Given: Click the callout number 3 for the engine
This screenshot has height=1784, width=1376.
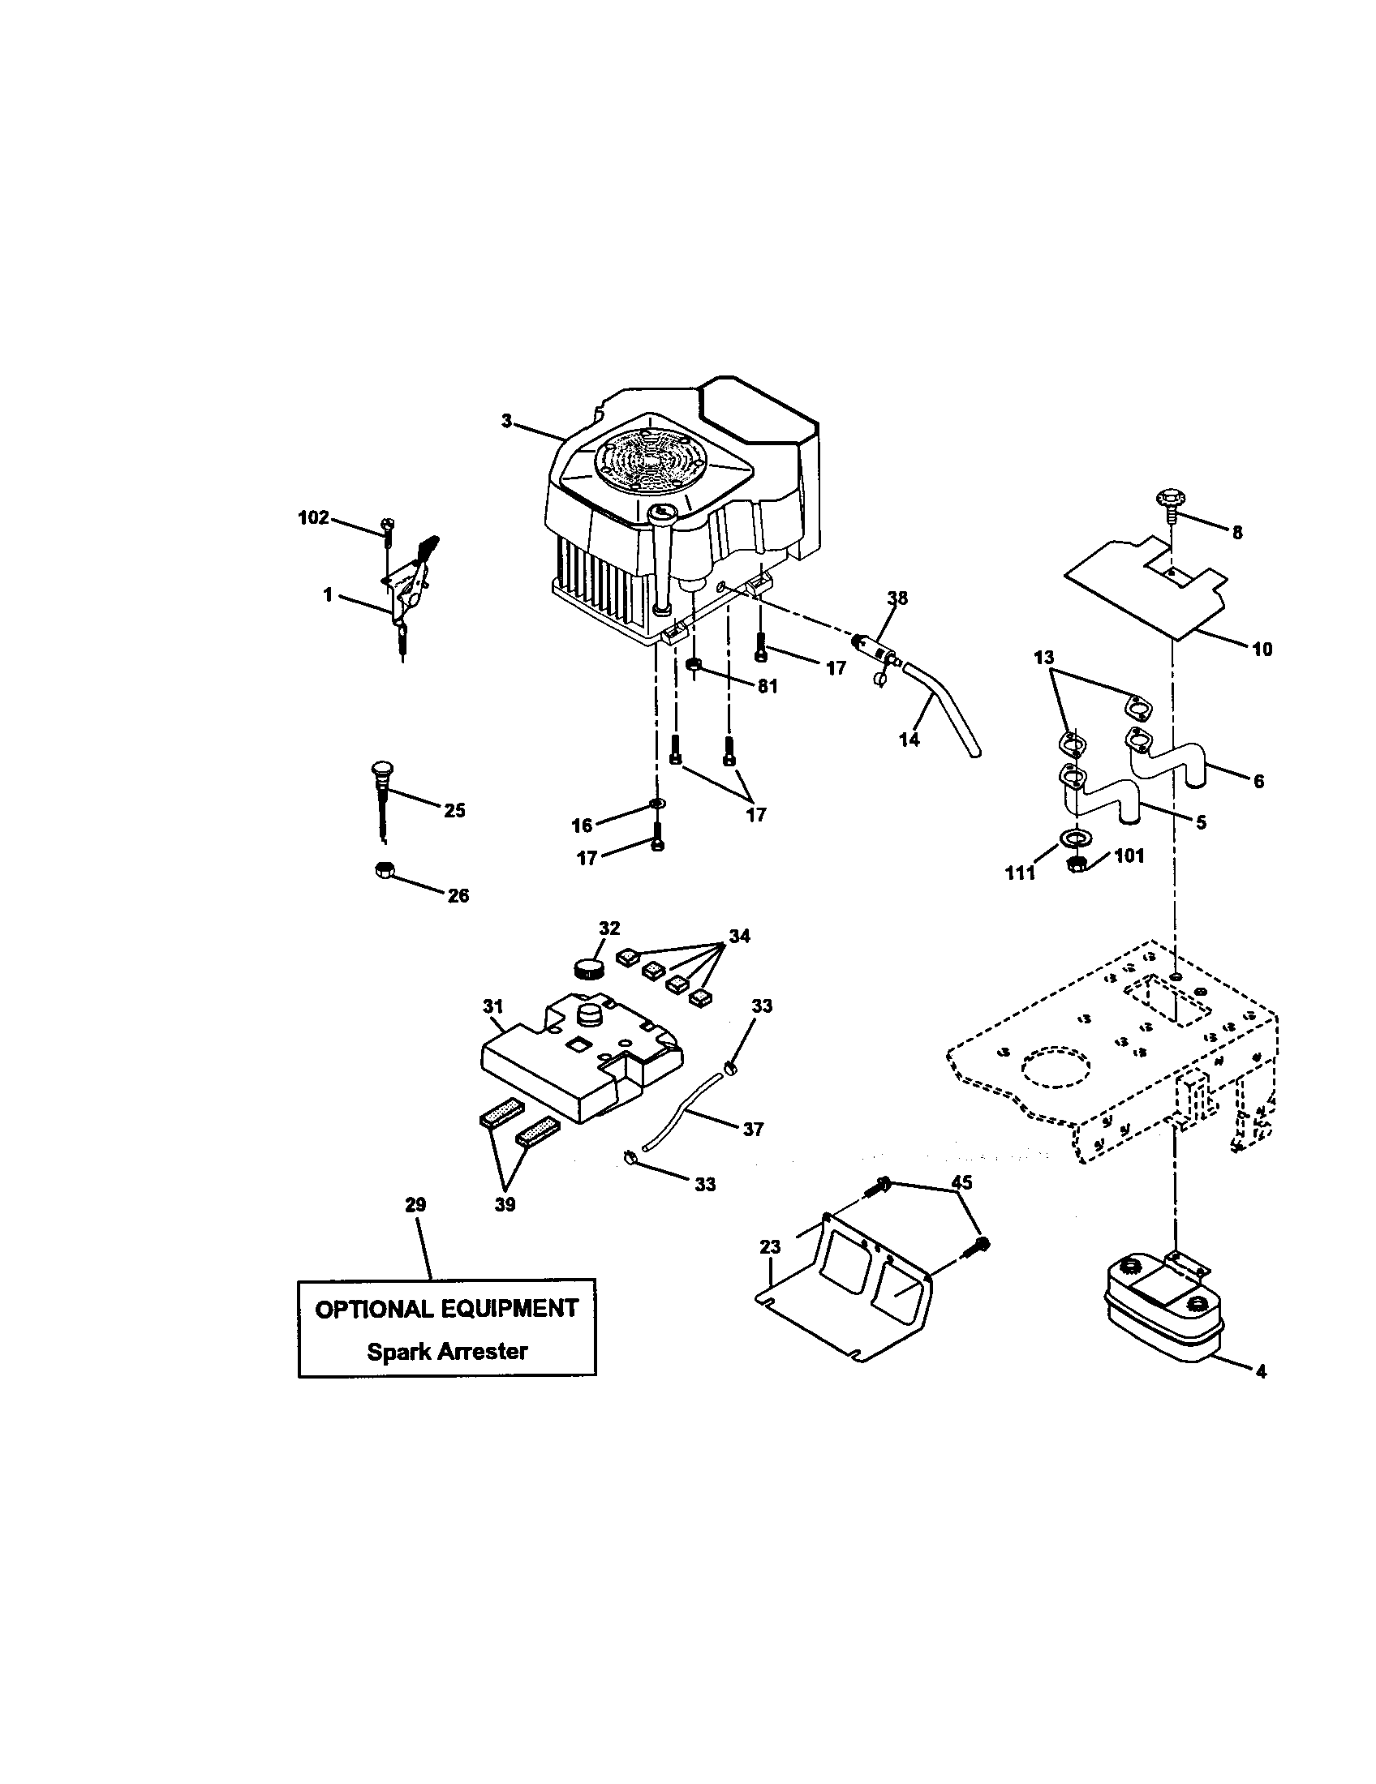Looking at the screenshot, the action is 506,421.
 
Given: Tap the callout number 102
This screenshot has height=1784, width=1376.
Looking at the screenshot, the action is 313,518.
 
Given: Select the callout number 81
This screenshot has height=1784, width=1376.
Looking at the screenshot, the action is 768,686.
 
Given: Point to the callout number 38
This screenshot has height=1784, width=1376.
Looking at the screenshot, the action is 897,598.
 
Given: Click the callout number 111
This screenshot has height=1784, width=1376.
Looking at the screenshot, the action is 1020,873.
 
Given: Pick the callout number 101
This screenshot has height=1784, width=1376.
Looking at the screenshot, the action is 1129,856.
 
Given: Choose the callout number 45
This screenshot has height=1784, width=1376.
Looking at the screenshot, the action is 961,1182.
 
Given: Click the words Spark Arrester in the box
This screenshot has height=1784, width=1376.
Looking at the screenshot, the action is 447,1351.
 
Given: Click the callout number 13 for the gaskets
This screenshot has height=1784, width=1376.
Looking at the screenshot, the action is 1043,658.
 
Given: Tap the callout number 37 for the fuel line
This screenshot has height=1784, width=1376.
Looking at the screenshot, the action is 753,1129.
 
